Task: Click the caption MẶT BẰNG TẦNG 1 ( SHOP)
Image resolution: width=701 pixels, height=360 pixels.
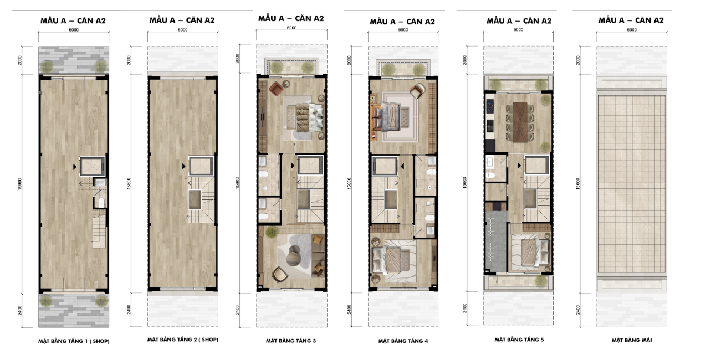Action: [x=74, y=341]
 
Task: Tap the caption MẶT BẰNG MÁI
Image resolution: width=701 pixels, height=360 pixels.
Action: [x=632, y=340]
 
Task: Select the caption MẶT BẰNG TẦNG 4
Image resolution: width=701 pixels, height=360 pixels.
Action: [x=403, y=341]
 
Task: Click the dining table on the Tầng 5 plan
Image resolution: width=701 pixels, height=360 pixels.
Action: [x=520, y=122]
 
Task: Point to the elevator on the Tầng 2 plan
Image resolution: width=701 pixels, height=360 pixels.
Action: [x=201, y=166]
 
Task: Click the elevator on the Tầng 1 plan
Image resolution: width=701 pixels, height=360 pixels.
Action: [x=92, y=166]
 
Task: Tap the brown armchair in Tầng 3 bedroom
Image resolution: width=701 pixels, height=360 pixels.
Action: [x=276, y=89]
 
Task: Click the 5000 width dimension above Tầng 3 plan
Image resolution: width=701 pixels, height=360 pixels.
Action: [x=291, y=28]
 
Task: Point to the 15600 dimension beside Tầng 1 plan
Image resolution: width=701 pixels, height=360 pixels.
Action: [x=20, y=184]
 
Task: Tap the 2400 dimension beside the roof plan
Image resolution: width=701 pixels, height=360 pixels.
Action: [x=578, y=310]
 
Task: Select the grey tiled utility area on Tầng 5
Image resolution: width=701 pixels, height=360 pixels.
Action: [x=496, y=241]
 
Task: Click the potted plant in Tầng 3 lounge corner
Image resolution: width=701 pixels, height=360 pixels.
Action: [x=272, y=232]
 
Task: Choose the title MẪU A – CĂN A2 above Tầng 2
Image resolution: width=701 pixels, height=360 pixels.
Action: [x=182, y=20]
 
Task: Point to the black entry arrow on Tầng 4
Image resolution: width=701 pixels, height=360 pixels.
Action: [x=402, y=166]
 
